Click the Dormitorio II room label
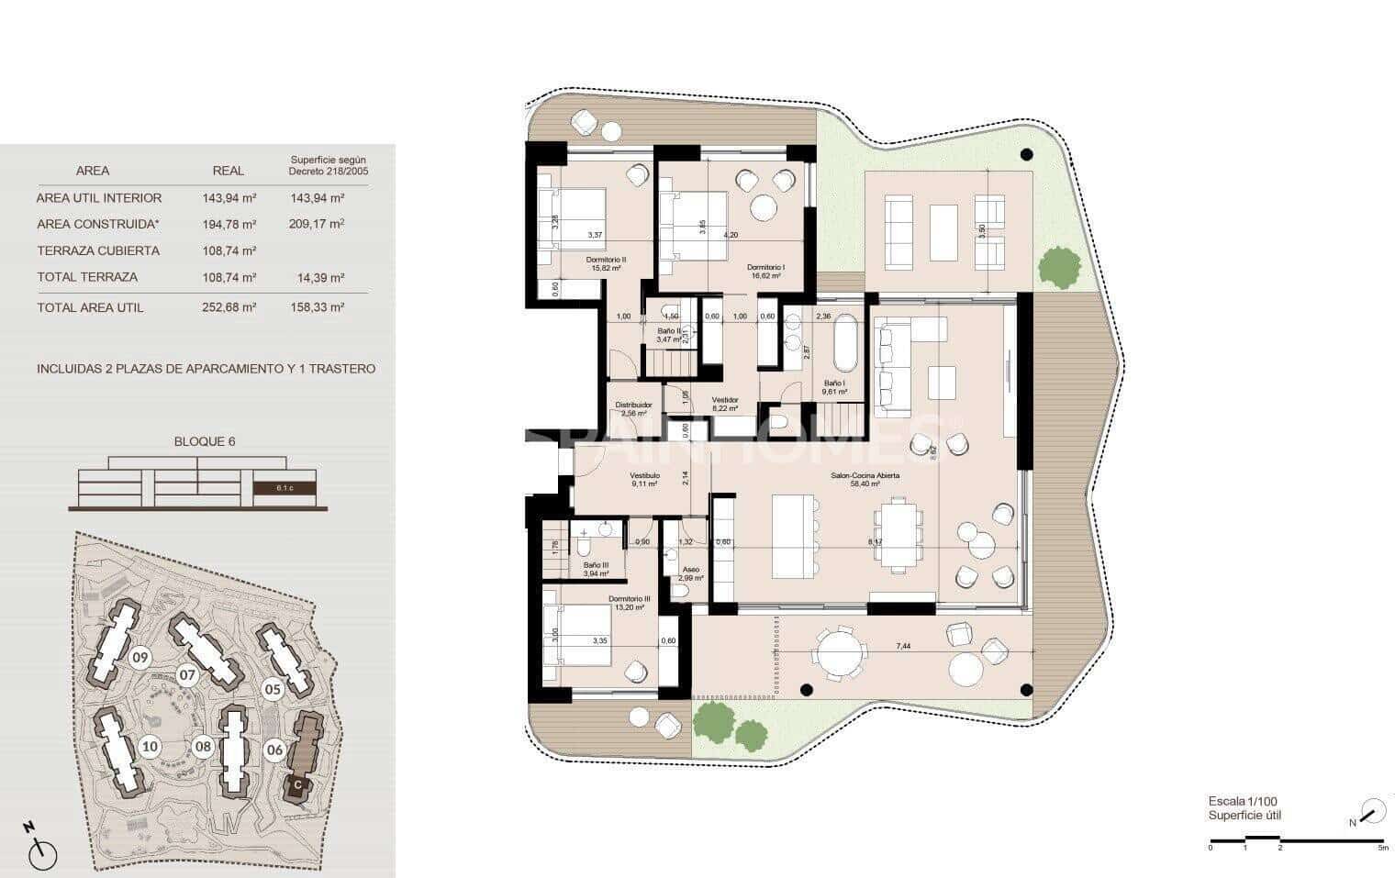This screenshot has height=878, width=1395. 606,260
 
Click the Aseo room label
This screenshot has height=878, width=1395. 690,570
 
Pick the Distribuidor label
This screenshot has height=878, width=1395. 633,405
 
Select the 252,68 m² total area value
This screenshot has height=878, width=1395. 229,307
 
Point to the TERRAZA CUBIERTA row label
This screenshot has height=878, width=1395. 98,250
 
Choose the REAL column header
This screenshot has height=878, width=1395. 229,171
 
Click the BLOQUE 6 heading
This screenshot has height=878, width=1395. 205,441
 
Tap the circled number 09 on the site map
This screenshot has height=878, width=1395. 140,657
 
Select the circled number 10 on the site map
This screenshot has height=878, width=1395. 150,747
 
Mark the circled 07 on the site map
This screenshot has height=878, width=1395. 187,676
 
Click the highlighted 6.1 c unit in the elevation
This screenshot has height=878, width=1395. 285,488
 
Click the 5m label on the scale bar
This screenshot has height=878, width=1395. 1383,848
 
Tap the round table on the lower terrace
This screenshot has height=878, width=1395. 839,653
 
